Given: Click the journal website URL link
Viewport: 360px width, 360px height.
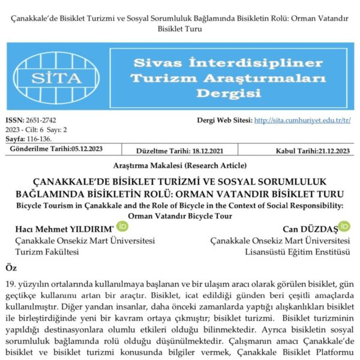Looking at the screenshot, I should point(302,120).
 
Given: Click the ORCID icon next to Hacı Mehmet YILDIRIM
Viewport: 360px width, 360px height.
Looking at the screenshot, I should point(122,227).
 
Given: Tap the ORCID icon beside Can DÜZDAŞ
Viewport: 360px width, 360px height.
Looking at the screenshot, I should point(344,226).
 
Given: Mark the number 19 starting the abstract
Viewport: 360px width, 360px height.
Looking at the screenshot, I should point(9,282).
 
